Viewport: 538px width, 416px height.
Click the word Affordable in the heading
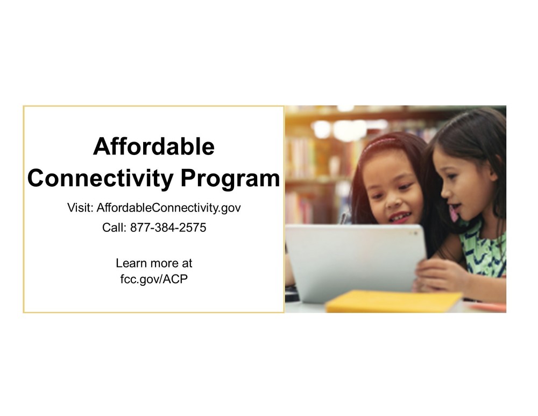coord(153,147)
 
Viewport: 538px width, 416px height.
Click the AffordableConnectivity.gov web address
coord(168,208)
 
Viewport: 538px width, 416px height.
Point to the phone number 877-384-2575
coord(168,228)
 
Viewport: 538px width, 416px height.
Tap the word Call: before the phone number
coord(114,228)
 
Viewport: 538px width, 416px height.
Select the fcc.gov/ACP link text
coord(154,280)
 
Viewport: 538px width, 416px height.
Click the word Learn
coord(130,264)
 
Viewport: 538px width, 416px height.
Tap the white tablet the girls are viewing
coord(355,261)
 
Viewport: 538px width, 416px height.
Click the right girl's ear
coord(492,175)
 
